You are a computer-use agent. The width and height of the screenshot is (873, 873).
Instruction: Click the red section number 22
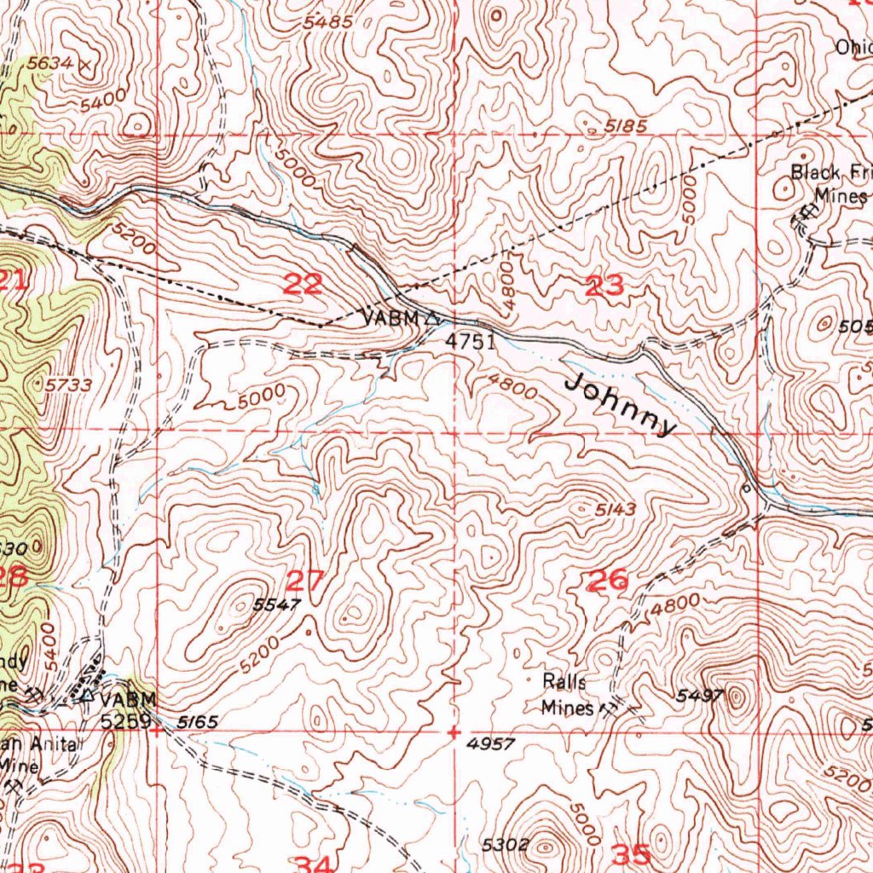pos(303,285)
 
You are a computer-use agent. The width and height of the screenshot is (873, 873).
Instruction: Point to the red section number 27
pos(304,581)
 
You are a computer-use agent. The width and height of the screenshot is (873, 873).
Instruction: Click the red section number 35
pos(633,854)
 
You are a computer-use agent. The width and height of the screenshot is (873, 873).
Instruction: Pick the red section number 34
pos(312,865)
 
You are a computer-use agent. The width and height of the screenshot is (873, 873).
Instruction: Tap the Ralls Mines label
pos(566,694)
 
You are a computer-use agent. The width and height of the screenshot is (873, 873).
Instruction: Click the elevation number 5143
pos(616,511)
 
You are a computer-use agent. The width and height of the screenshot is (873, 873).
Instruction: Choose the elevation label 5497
pos(699,696)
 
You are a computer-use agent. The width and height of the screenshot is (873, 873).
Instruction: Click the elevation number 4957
pos(491,744)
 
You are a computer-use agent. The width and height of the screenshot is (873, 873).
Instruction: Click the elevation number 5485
pos(328,22)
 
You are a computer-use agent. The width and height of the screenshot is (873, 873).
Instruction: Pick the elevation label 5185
pos(625,126)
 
